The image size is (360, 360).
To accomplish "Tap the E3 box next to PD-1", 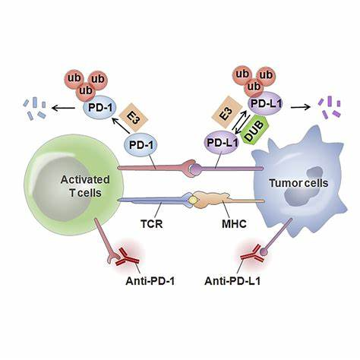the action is coord(133,118).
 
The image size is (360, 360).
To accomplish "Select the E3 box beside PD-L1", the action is coord(226,112).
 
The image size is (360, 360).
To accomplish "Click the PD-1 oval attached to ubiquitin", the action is coord(99,107).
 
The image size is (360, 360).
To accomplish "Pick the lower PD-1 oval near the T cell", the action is coord(141,144).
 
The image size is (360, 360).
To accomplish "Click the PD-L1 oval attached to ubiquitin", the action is coord(266,103).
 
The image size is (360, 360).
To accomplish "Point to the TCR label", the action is coord(152,224).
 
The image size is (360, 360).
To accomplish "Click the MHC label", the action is coord(234,224).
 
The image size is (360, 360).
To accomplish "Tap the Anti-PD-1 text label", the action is coord(150,281).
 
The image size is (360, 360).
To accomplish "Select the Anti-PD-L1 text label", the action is coord(232,281).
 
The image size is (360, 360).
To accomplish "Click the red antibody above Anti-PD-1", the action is coord(128,257).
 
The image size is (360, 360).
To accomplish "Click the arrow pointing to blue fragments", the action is coord(63,109).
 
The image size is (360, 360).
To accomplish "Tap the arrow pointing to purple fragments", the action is coord(301,107).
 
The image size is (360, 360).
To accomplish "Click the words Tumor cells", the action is coord(298,183).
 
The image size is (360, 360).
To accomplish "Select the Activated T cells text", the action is coord(85,186).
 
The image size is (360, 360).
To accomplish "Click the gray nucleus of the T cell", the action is coord(62,189).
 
